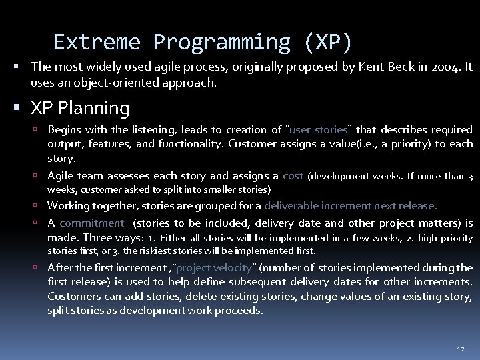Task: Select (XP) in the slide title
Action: (x=327, y=42)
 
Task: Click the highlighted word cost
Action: (x=293, y=176)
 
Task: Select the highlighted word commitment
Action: (x=91, y=223)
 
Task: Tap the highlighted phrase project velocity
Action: (x=214, y=267)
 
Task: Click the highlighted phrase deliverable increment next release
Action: (x=351, y=206)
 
